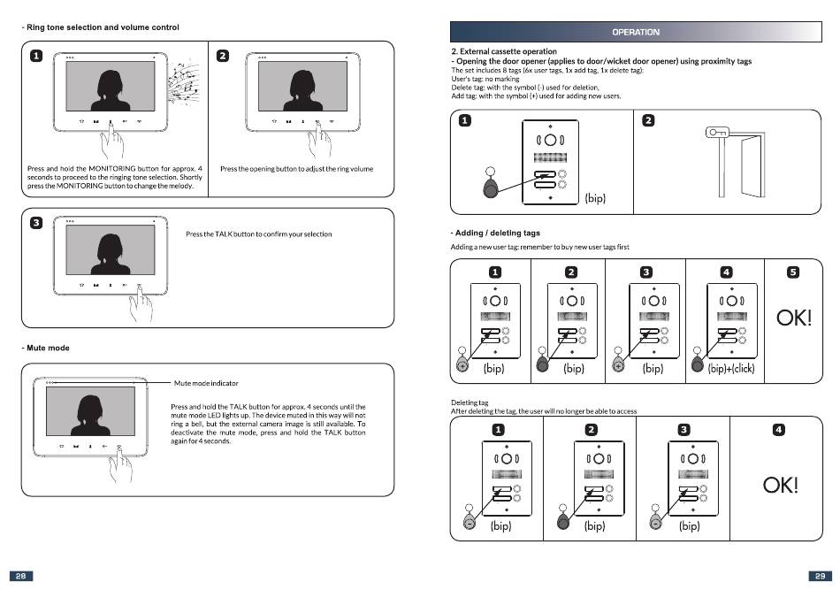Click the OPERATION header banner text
click(636, 32)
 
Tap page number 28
click(21, 576)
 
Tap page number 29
click(820, 576)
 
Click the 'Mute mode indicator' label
click(206, 383)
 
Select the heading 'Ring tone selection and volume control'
click(103, 27)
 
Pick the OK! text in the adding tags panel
click(794, 318)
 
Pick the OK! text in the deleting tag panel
click(781, 485)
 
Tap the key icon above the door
click(717, 133)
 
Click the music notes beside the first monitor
click(183, 83)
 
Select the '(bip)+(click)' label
click(730, 368)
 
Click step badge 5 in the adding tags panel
click(793, 272)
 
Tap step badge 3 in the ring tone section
click(36, 223)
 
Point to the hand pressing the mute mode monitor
click(120, 464)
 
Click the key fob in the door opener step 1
click(491, 183)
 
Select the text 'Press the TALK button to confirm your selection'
click(259, 234)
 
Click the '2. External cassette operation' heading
click(504, 51)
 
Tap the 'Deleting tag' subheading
click(470, 402)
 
